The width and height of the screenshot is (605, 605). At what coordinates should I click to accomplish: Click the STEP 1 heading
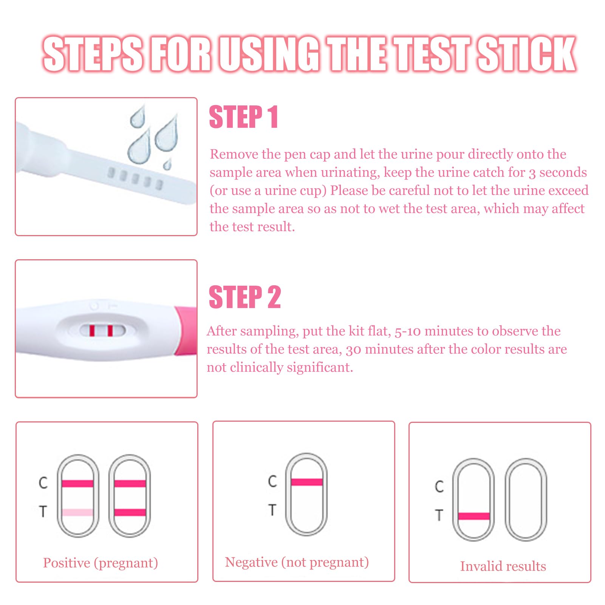[244, 117]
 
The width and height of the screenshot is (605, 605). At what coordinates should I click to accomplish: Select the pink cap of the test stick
[186, 331]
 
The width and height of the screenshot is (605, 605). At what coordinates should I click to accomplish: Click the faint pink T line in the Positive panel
[77, 512]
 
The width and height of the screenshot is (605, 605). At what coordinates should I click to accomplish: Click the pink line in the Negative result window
[306, 482]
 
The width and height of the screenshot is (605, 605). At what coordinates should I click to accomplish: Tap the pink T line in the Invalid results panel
[473, 516]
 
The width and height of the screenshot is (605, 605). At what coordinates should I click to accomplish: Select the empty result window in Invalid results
[526, 499]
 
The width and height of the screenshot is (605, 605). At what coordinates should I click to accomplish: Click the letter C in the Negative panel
[272, 481]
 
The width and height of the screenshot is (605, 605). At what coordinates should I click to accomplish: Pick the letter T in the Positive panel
[43, 511]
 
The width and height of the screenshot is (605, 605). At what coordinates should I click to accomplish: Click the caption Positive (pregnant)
[101, 563]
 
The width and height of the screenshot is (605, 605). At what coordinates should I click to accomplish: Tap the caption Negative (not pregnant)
[297, 562]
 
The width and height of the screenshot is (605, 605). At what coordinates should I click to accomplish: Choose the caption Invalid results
[503, 566]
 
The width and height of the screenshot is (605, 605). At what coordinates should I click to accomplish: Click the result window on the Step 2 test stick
[102, 331]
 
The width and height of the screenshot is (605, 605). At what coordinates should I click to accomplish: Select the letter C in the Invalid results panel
[439, 486]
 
